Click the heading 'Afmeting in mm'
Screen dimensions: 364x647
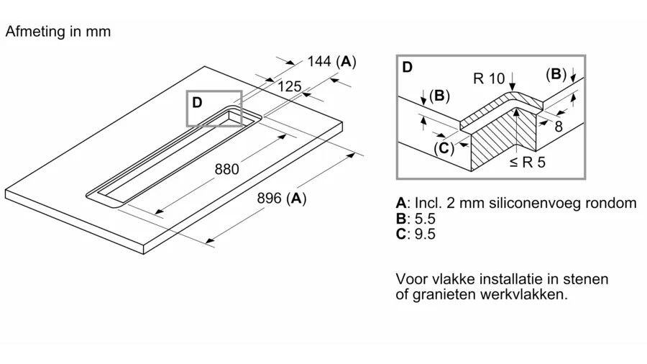pyautogui.click(x=58, y=32)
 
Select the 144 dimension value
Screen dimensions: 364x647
pyautogui.click(x=318, y=62)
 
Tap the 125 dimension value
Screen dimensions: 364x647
pyautogui.click(x=289, y=87)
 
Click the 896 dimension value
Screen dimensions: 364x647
pyautogui.click(x=269, y=199)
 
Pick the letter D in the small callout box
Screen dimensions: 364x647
pyautogui.click(x=197, y=102)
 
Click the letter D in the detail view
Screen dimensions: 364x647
pyautogui.click(x=408, y=68)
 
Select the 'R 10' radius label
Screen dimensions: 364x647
pyautogui.click(x=489, y=79)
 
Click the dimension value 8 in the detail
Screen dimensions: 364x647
pyautogui.click(x=558, y=127)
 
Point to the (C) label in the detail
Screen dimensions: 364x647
pyautogui.click(x=444, y=148)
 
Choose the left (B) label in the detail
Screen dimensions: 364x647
pyautogui.click(x=439, y=96)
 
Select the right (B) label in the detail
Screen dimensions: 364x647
pyautogui.click(x=556, y=73)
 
